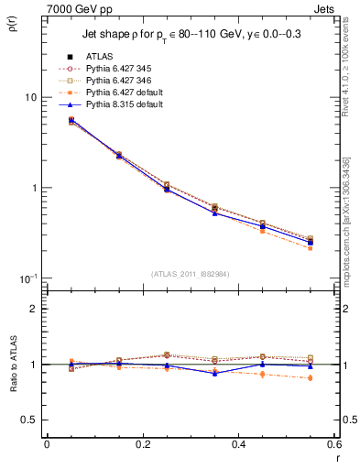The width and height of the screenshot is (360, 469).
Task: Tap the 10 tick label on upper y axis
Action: [x=30, y=97]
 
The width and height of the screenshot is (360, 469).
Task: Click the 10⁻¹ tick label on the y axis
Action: [x=27, y=278]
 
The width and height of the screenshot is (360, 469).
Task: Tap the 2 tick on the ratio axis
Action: [x=33, y=309]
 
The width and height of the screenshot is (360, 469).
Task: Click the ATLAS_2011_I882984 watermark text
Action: [x=191, y=274]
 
